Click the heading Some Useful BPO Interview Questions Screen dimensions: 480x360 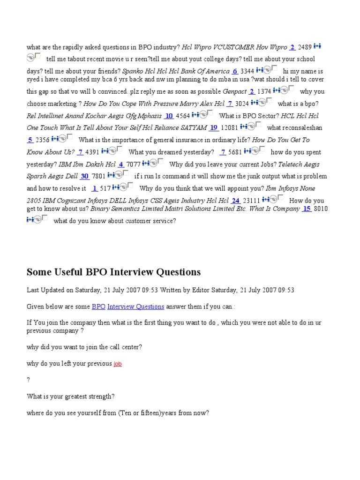113,272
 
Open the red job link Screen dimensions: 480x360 118,363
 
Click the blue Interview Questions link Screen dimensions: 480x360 135,307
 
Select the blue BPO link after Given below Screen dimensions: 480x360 98,307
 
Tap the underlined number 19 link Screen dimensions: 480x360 214,127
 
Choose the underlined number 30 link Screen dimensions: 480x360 84,176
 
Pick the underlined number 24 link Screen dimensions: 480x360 235,201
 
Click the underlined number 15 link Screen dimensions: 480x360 307,209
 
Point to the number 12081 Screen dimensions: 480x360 230,127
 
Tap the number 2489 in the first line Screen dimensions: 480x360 304,47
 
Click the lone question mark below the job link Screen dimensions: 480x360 29,380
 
